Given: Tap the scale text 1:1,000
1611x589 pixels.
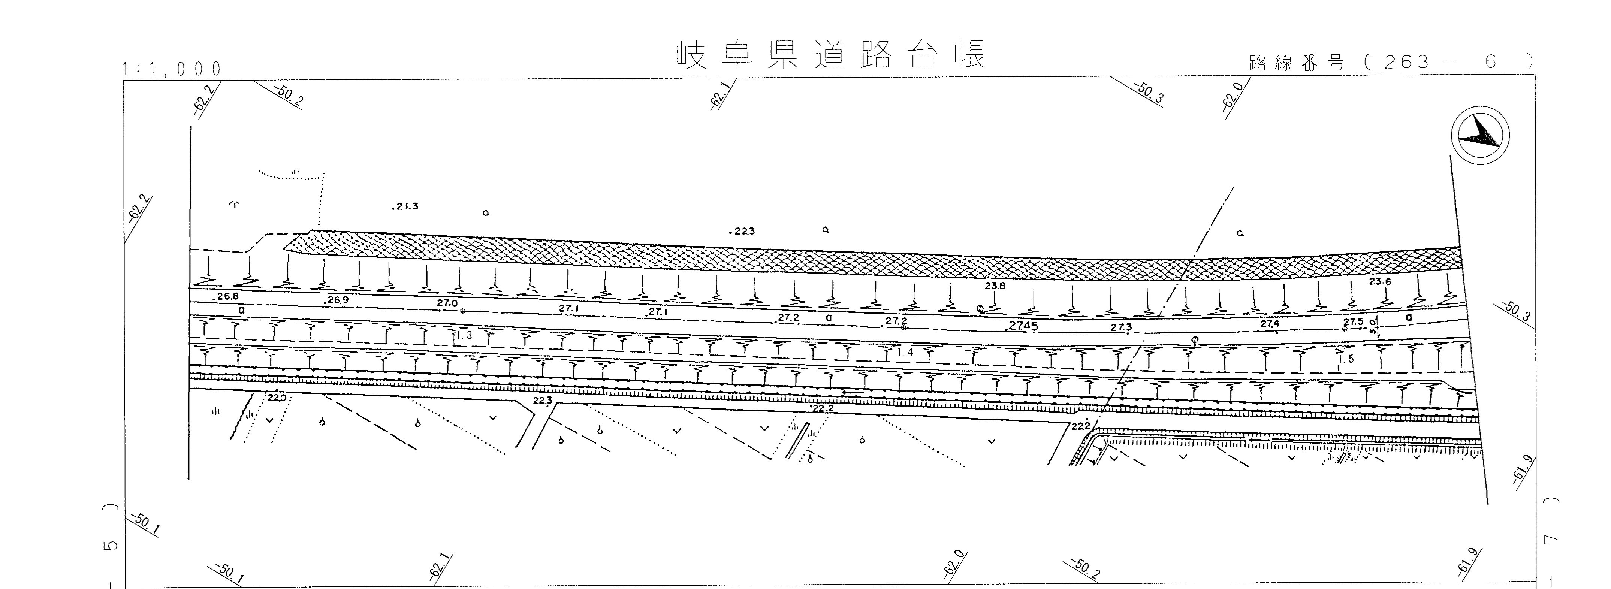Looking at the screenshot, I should (x=173, y=69).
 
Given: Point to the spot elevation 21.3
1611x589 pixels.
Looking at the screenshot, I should (x=407, y=206).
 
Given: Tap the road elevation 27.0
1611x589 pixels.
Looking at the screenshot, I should (x=447, y=303).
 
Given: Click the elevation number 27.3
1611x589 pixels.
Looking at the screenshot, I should (x=1121, y=327).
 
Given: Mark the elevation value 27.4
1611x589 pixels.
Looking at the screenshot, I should (x=1270, y=324).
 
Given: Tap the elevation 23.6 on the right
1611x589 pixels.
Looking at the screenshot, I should (x=1380, y=281).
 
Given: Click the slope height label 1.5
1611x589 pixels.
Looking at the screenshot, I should (x=1346, y=359).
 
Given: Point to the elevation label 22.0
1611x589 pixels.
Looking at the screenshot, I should (x=277, y=397).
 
